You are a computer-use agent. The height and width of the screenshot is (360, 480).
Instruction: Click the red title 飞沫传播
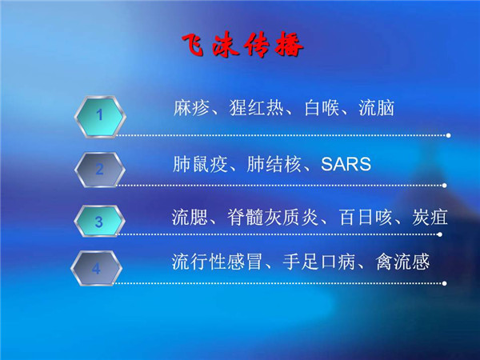[242, 45]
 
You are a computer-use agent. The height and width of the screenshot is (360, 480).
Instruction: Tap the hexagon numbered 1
[100, 116]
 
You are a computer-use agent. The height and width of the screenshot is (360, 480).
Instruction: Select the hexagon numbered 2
[100, 170]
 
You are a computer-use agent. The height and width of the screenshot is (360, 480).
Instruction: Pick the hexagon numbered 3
[99, 221]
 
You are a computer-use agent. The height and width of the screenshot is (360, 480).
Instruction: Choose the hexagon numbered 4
[97, 268]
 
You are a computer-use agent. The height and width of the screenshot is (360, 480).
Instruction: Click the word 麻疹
[191, 108]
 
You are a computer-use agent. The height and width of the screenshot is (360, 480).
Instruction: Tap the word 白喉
[322, 108]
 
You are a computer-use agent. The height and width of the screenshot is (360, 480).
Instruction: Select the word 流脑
[376, 108]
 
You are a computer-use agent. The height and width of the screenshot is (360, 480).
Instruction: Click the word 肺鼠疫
[200, 164]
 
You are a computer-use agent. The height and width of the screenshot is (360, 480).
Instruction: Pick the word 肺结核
[274, 164]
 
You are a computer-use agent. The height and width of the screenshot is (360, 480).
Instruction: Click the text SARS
[346, 164]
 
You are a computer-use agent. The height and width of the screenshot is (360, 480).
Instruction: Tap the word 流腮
[190, 218]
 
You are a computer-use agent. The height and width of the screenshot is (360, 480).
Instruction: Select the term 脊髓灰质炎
[273, 218]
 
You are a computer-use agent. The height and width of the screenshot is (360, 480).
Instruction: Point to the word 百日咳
[366, 218]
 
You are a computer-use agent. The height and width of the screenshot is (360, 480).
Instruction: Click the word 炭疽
[430, 218]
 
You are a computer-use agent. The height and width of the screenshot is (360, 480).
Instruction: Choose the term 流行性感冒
[218, 262]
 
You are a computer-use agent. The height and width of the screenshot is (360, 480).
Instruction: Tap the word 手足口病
[319, 262]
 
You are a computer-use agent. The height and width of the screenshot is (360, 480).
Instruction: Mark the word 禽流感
[403, 262]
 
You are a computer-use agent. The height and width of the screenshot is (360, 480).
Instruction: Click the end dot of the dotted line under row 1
[449, 135]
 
